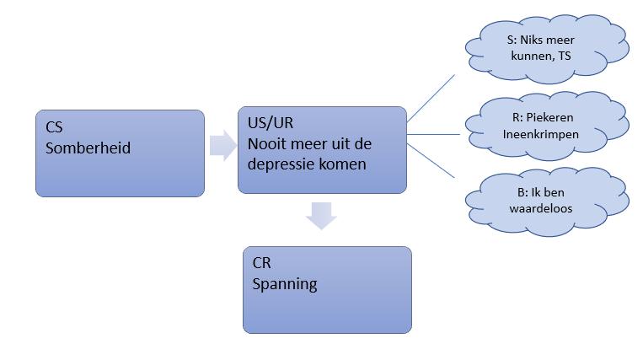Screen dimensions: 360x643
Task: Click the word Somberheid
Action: click(x=88, y=148)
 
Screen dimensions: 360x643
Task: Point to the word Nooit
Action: click(x=267, y=143)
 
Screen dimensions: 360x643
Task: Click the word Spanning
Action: click(x=285, y=283)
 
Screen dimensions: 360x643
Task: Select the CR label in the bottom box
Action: click(x=262, y=263)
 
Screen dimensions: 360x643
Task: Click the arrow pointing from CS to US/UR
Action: click(x=222, y=144)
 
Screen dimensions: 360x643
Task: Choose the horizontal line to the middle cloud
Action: click(x=434, y=133)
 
